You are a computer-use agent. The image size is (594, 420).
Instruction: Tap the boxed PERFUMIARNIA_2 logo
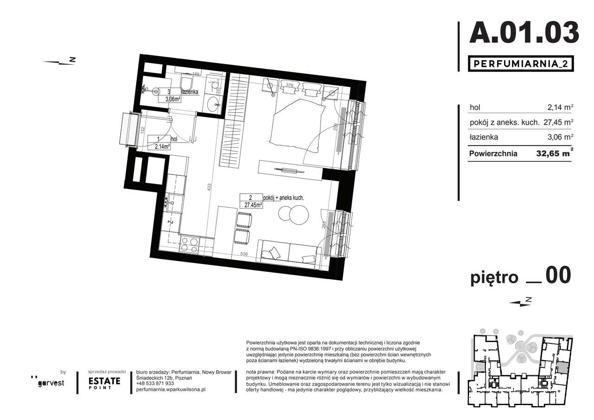point(520,64)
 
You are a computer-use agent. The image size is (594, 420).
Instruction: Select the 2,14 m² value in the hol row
point(561,107)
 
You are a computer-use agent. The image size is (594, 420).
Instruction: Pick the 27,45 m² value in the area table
point(558,123)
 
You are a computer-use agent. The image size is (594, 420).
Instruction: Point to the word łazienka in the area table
point(484,137)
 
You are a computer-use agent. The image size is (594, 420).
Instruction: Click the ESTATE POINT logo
point(104,382)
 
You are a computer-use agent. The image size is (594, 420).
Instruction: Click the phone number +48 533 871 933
point(155,383)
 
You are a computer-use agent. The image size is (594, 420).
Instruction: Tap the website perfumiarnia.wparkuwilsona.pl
point(171,390)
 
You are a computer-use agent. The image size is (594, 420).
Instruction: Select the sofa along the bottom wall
point(289,252)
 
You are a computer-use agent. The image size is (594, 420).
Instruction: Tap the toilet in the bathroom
point(188,84)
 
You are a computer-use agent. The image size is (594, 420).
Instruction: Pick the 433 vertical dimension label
point(209,187)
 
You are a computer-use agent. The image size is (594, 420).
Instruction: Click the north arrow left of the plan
point(59,61)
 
